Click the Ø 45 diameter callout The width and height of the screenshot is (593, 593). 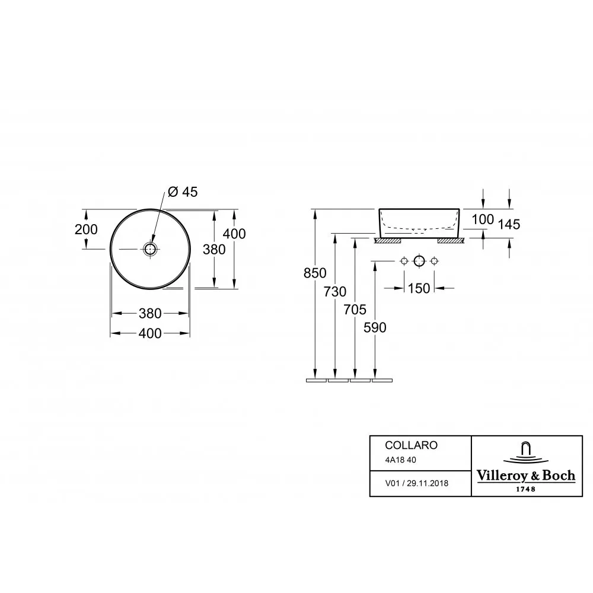(183, 192)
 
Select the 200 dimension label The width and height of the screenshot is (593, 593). (86, 229)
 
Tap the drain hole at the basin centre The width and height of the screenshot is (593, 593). (150, 249)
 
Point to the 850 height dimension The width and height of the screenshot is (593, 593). (315, 273)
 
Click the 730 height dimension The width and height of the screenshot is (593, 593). (334, 292)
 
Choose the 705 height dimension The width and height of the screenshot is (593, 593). (355, 310)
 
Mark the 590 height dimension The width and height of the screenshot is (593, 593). (375, 327)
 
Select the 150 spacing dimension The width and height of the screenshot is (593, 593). (419, 288)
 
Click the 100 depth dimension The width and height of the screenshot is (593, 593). (483, 219)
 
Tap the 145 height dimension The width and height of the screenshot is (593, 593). (509, 224)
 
